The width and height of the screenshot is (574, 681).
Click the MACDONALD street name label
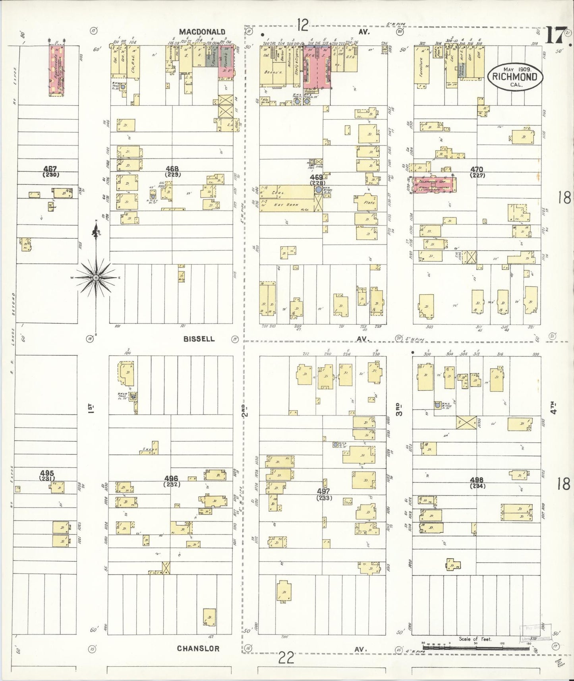[x=202, y=32]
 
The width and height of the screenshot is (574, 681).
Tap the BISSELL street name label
[x=199, y=339]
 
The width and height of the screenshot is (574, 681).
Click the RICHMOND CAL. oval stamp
[x=514, y=77]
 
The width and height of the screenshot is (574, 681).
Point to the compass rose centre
[x=96, y=278]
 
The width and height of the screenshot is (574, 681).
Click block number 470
[x=477, y=170]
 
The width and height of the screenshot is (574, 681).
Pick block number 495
[x=47, y=473]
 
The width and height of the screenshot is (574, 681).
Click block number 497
[x=324, y=491]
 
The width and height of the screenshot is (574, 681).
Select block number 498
[x=477, y=480]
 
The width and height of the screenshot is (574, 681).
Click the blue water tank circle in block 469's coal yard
[x=319, y=190]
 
